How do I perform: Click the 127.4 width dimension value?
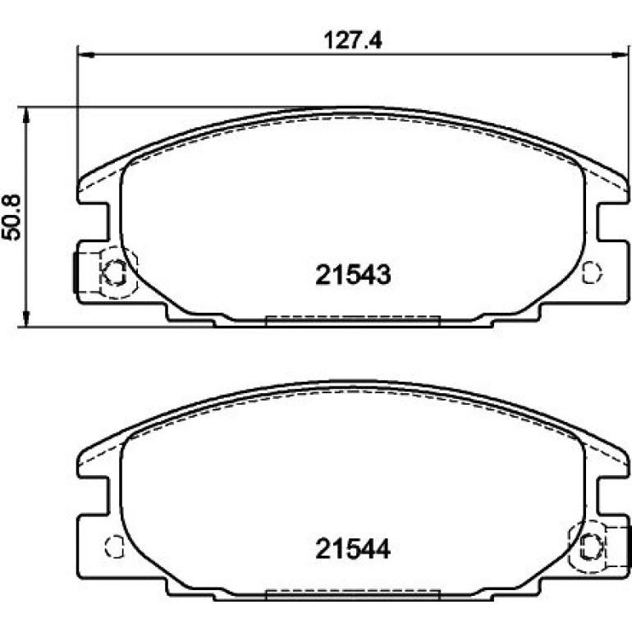(353, 40)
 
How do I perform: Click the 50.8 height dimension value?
(11, 218)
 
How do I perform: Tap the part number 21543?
(353, 275)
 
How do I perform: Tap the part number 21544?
(353, 549)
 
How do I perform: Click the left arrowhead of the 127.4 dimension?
(85, 54)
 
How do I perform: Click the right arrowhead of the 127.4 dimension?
(620, 54)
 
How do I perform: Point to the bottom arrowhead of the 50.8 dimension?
(26, 318)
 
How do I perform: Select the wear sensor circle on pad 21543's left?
(116, 272)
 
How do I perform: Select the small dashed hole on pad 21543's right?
(592, 272)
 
